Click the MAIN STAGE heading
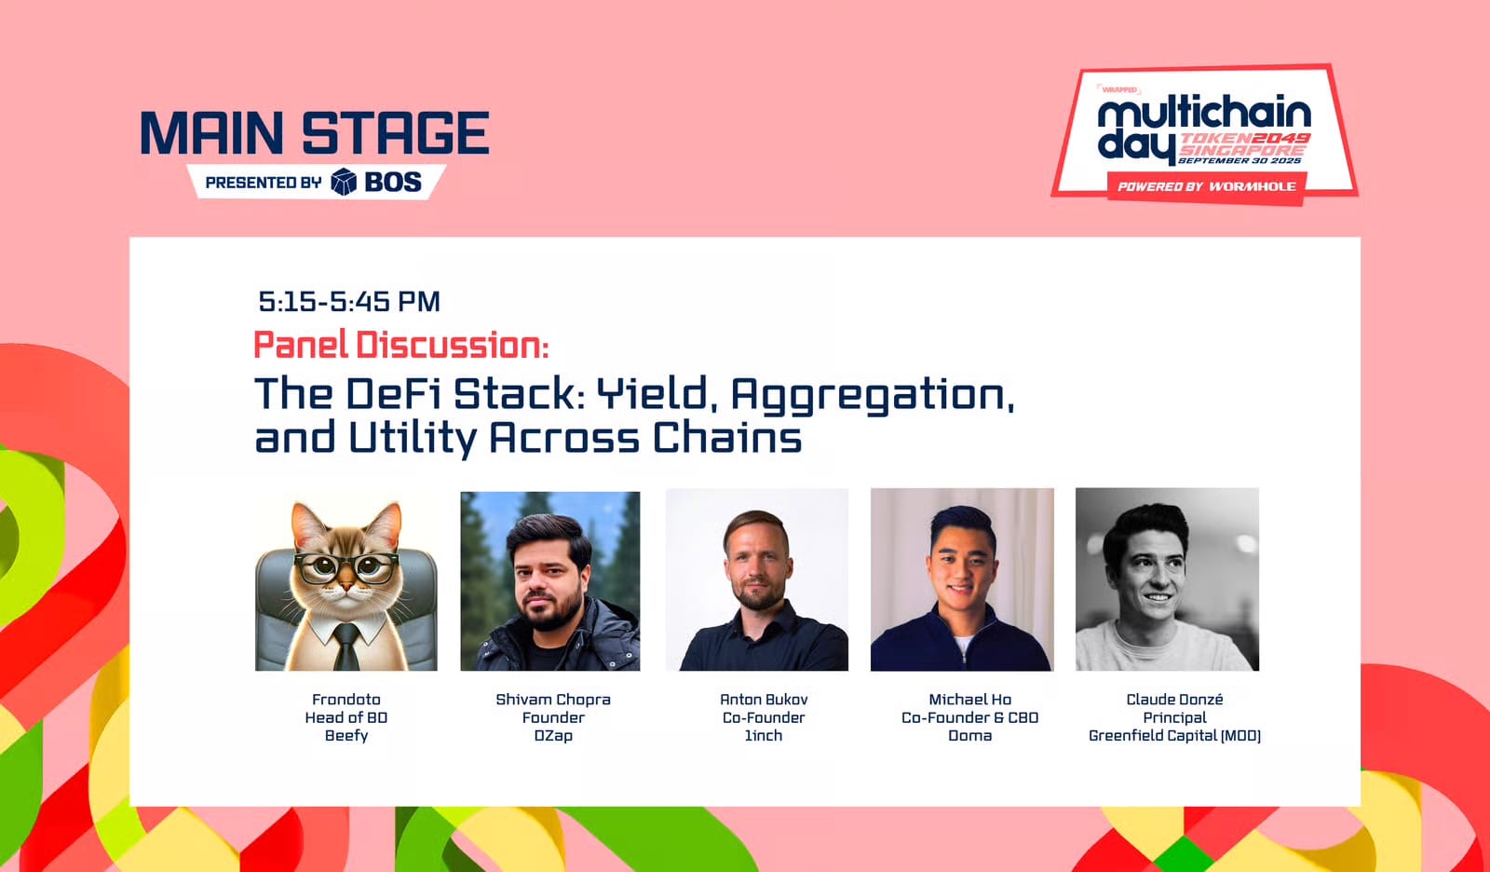[315, 133]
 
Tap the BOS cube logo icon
[344, 182]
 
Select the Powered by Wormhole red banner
[1206, 186]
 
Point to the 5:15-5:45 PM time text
[349, 302]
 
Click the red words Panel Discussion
[400, 346]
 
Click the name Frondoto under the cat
[346, 700]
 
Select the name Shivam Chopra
[553, 700]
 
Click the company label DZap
[553, 735]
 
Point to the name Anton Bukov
[764, 700]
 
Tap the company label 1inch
[764, 735]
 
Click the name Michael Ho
[969, 700]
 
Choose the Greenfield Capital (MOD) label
[1174, 735]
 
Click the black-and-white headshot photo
[1167, 579]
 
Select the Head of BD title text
[346, 717]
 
